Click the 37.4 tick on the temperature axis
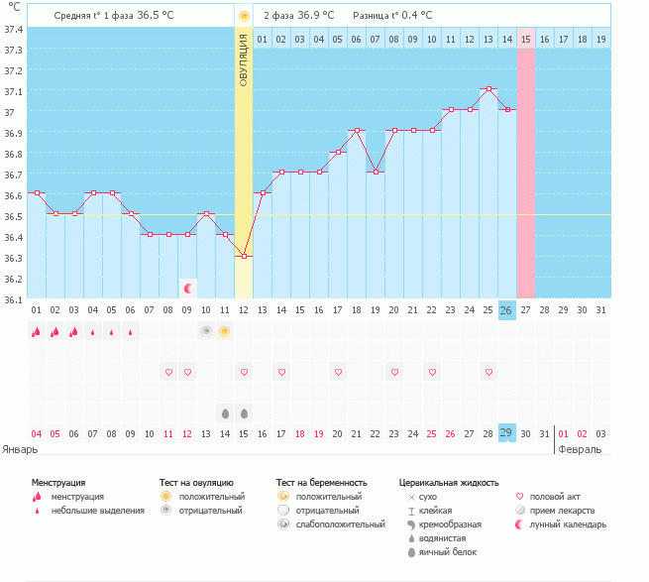pos(13,29)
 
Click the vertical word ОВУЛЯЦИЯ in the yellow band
pos(244,58)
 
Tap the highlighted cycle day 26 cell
pos(506,310)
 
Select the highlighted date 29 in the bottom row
pos(506,432)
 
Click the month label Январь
pos(20,449)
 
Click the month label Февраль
pos(580,449)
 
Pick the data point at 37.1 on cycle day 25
pos(487,89)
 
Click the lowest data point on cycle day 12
pos(244,256)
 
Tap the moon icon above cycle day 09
pos(187,289)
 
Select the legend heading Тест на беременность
pos(328,482)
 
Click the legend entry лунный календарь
pos(567,524)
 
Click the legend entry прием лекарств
pos(563,510)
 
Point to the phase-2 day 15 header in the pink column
pos(525,39)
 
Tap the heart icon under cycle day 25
pos(487,372)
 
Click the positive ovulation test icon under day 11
pos(225,331)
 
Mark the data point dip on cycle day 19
pos(375,173)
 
